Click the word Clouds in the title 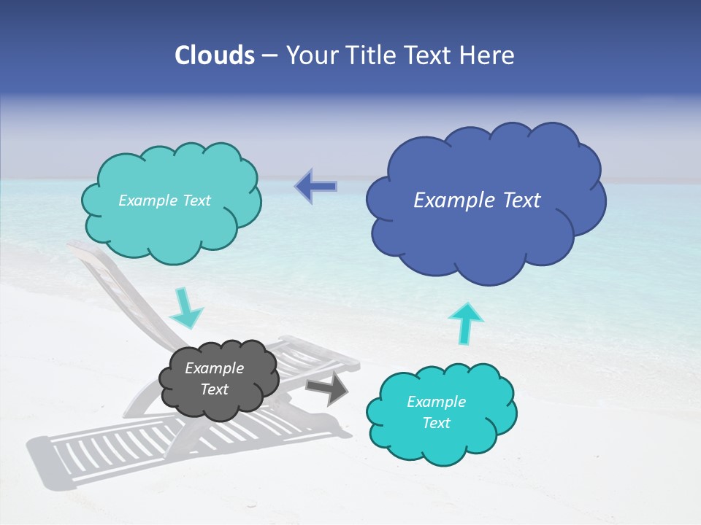[214, 55]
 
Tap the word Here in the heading [491, 55]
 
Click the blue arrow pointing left [315, 187]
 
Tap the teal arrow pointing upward [465, 323]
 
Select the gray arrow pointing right [327, 389]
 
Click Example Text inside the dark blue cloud [477, 201]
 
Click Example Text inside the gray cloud [214, 379]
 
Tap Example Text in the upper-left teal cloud [164, 201]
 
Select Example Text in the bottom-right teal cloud [436, 412]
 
